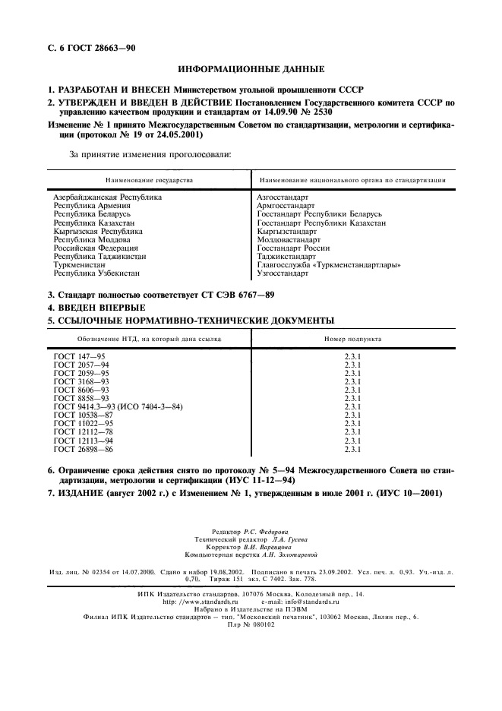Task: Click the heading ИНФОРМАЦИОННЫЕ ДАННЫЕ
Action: (x=251, y=68)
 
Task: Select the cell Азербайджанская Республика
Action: (x=107, y=197)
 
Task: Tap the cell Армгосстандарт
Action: (x=285, y=205)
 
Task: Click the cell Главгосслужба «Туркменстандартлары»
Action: (x=329, y=264)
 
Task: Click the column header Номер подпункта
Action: (x=352, y=339)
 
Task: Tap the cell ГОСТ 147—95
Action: (x=81, y=356)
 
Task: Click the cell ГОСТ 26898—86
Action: (x=83, y=448)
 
